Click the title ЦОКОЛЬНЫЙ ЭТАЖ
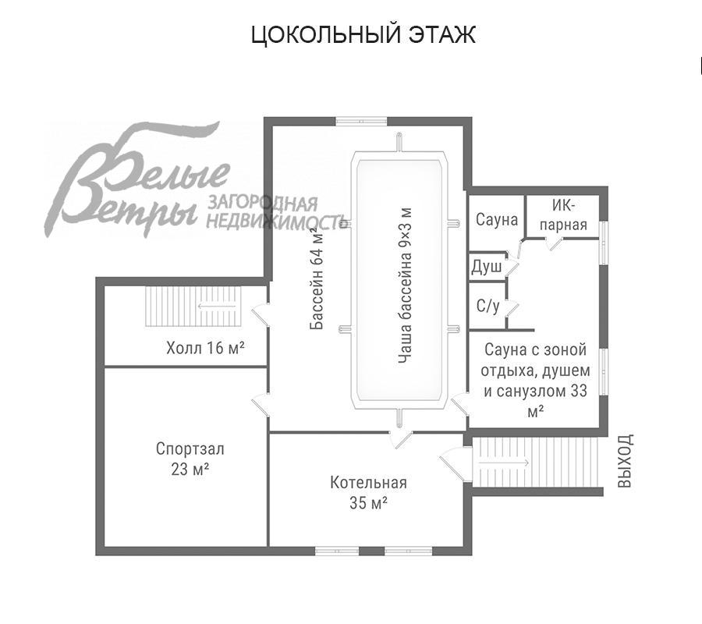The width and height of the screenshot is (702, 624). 363,35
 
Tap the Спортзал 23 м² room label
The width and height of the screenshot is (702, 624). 190,459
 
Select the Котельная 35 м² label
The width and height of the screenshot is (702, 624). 368,493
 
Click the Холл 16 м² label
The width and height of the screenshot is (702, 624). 205,347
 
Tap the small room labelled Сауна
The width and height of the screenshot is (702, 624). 497,220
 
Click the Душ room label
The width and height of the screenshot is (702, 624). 486,267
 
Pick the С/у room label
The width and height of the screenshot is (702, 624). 487,306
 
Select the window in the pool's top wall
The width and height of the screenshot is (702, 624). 361,120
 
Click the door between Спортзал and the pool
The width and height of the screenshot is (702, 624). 261,406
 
